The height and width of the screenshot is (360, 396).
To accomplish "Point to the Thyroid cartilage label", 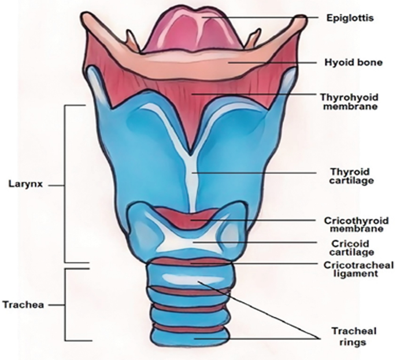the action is pos(349,176).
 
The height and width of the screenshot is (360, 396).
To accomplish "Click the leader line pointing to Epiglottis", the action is pos(266,18).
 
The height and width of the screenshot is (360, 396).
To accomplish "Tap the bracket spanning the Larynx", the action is pos(64,185).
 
